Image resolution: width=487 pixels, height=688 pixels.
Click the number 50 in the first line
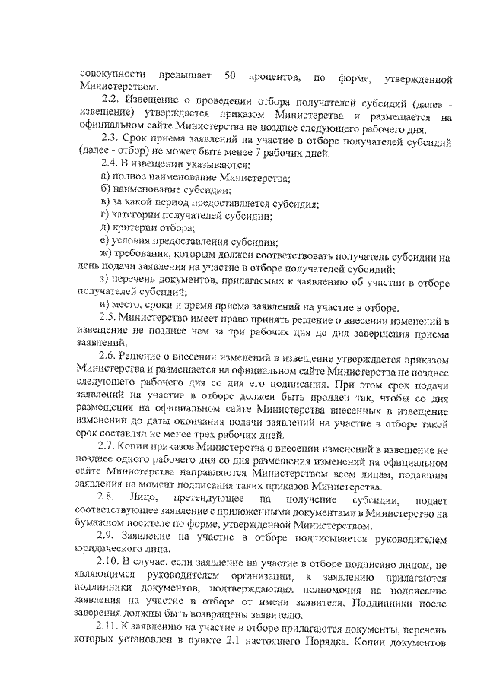(230, 75)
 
